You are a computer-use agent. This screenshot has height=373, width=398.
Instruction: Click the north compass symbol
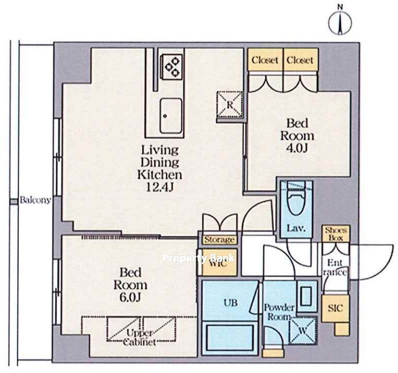(340, 22)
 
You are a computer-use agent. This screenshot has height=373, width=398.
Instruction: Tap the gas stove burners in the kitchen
(172, 66)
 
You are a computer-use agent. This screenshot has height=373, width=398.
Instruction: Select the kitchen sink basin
(171, 116)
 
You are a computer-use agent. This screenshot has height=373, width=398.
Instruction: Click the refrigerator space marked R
(229, 104)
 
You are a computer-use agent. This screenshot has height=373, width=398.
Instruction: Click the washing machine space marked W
(303, 331)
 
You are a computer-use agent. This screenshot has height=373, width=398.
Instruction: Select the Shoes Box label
(335, 234)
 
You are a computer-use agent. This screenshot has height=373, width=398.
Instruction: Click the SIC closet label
(335, 309)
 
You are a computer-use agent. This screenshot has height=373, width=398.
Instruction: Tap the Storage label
(219, 240)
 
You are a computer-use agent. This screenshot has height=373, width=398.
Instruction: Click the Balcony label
(36, 200)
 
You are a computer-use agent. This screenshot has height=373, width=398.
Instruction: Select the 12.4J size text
(160, 187)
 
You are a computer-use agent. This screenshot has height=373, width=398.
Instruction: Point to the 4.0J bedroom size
(297, 148)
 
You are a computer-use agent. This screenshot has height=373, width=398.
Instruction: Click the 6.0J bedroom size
(130, 297)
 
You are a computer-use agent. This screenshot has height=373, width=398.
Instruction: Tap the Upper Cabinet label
(139, 337)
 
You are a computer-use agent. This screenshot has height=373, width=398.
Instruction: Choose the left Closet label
(265, 60)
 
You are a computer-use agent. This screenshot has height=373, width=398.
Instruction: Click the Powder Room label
(279, 312)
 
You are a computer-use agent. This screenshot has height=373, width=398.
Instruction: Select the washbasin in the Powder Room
(307, 296)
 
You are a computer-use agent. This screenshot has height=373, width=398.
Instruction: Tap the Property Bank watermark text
(198, 258)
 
